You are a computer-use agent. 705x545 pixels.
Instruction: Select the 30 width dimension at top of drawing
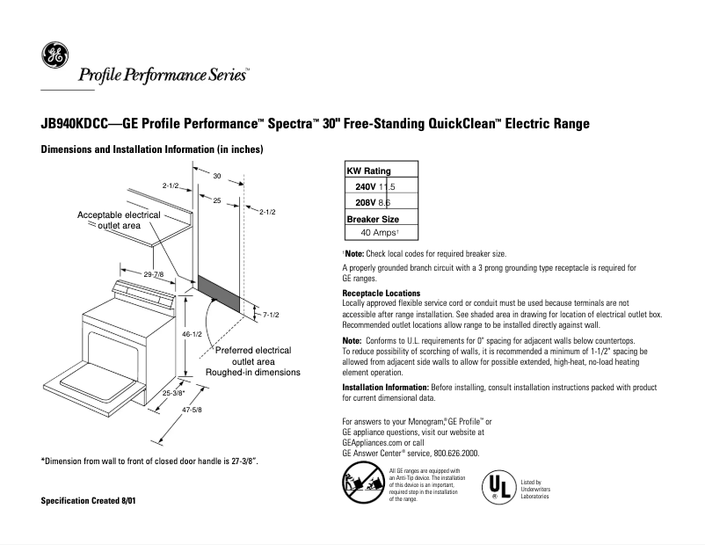(216, 177)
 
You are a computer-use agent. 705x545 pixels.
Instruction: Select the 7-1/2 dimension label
(271, 314)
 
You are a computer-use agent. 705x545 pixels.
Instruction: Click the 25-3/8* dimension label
(174, 394)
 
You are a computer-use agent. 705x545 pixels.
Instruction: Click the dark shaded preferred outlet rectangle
(217, 292)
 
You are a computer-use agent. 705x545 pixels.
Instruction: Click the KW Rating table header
(369, 171)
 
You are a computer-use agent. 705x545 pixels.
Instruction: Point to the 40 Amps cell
(381, 233)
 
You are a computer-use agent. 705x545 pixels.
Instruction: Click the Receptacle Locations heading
(381, 293)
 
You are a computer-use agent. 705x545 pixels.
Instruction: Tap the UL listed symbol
(498, 487)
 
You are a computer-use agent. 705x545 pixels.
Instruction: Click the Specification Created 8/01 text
(87, 500)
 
